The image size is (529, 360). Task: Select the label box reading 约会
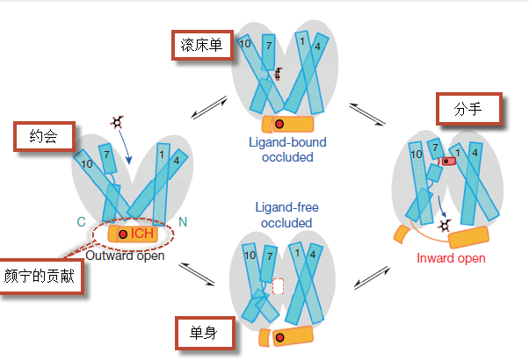[x=40, y=137]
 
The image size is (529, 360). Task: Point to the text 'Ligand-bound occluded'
[x=287, y=150]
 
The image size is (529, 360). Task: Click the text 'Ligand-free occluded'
[x=286, y=215]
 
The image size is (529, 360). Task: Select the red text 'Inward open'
[x=451, y=258]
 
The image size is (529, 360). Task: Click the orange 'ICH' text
[x=142, y=234]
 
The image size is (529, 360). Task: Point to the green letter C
[x=81, y=222]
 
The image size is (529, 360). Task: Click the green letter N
[x=184, y=222]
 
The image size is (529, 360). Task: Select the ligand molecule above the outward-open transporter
[x=116, y=123]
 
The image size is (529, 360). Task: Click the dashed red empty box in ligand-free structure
[x=279, y=286]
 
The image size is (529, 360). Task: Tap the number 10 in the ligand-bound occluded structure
[x=245, y=43]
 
